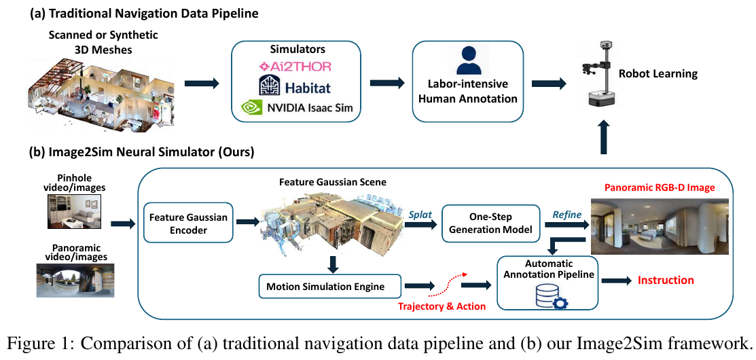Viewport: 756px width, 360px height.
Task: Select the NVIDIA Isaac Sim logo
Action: coord(297,108)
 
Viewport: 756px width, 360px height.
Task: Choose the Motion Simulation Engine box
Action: coord(330,287)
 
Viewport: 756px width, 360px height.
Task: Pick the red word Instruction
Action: coord(666,280)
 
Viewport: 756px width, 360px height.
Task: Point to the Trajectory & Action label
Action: coord(442,306)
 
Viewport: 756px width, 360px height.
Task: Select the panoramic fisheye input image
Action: coord(75,280)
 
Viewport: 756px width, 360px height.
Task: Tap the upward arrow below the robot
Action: coord(602,138)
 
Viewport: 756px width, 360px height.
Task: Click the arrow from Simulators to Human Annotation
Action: coord(387,84)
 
